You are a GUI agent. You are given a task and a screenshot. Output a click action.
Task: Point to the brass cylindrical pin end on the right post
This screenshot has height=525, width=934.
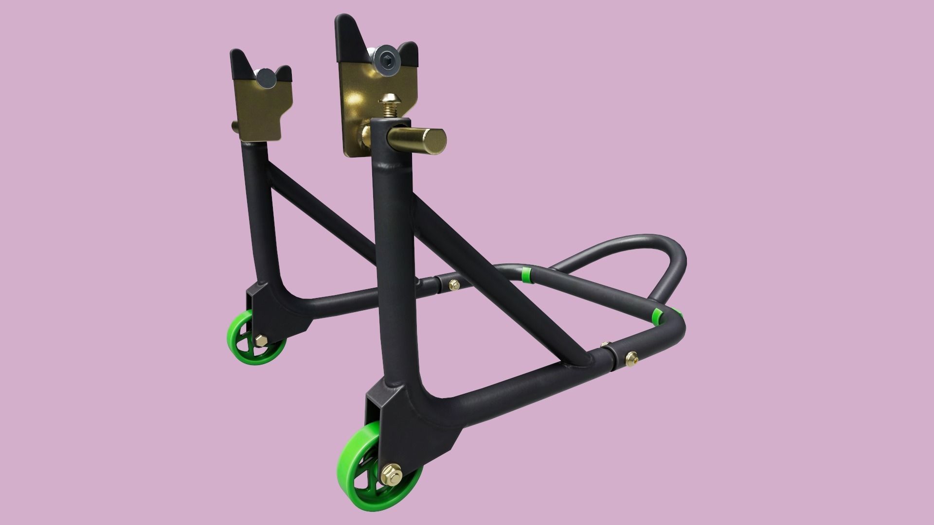pos(433,140)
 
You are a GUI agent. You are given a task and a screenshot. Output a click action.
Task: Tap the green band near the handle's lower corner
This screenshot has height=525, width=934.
pos(657,315)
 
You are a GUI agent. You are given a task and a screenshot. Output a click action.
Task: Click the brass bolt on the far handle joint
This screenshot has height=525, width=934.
pos(455,284)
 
